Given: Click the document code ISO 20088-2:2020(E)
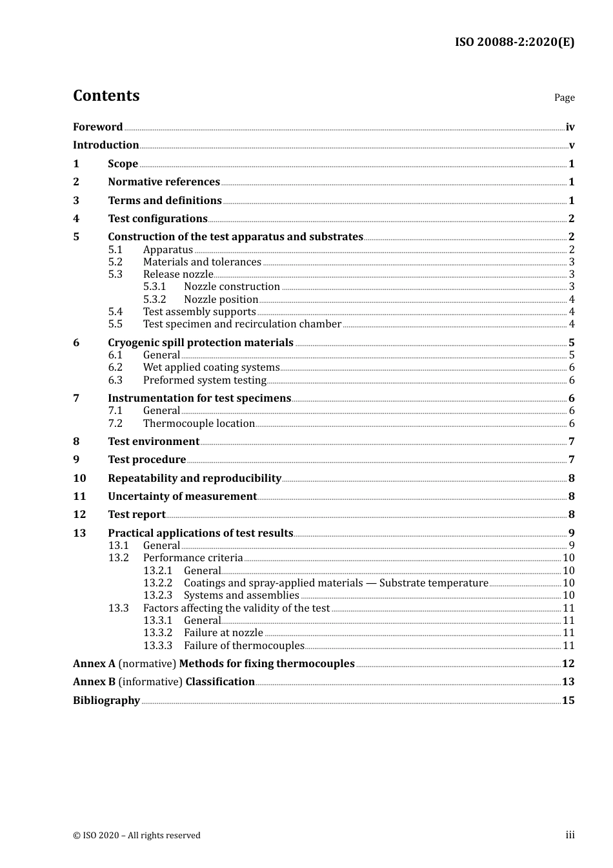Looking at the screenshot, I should [x=514, y=42].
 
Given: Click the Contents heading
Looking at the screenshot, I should [x=106, y=96].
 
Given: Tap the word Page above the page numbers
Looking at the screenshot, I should [x=564, y=98].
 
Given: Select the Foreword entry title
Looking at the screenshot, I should [x=97, y=127].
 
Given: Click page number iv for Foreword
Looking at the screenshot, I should [x=570, y=127].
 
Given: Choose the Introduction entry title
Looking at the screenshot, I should [x=106, y=145].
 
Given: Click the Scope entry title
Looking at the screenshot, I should [x=123, y=164].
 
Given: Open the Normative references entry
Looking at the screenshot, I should [x=164, y=182].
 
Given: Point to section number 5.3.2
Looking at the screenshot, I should [x=154, y=300].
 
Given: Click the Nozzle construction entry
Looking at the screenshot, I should [x=232, y=287].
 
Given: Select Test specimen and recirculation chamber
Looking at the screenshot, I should [x=242, y=324].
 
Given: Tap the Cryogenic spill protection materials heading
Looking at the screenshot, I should [x=201, y=343].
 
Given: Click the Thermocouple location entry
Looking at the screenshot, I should [x=199, y=424].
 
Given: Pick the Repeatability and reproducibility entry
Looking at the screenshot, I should [x=194, y=479].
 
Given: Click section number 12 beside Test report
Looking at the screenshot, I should [x=79, y=515].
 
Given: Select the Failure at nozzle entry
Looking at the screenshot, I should [x=223, y=633].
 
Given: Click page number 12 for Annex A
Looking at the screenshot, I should [x=568, y=664].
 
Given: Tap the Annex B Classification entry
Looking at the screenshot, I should [x=164, y=682].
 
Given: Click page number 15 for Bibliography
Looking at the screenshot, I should [x=568, y=701].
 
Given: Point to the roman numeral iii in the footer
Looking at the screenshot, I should [x=570, y=835].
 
